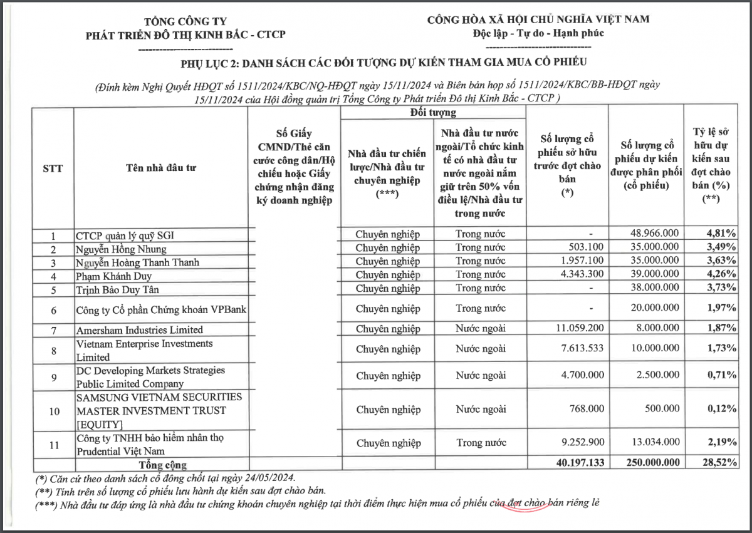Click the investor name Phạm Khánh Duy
[x=113, y=276]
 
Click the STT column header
[x=53, y=168]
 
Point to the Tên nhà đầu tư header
[x=161, y=168]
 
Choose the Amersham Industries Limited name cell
[x=139, y=329]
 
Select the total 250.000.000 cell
[x=646, y=465]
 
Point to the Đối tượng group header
[x=433, y=113]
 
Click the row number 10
[x=54, y=411]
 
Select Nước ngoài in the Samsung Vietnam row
[x=481, y=410]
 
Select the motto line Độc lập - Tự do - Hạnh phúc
[x=538, y=33]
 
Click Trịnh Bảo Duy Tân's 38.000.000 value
[x=654, y=289]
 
